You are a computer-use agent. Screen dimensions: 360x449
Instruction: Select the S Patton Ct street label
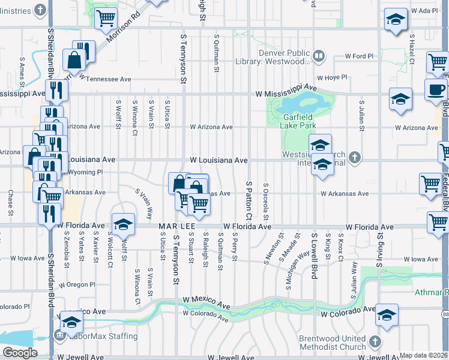point(248,199)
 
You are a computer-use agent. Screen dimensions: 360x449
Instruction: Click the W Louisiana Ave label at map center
point(218,160)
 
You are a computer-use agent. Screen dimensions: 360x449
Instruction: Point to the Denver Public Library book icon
point(319,57)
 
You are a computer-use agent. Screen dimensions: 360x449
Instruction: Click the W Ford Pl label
point(359,56)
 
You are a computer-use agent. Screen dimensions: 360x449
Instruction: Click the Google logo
point(20,353)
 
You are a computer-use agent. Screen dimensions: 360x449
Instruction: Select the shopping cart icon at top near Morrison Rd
point(106,19)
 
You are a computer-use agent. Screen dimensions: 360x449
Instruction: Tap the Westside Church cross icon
point(355,157)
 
